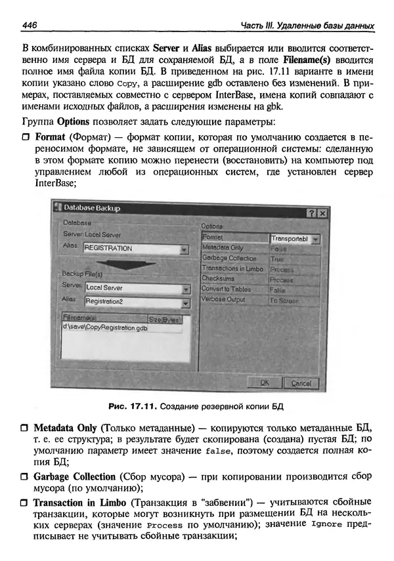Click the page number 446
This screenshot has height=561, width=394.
[29, 25]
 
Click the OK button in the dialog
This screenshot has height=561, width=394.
[265, 383]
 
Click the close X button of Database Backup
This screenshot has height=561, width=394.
[322, 213]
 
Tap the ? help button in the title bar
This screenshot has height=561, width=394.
[311, 213]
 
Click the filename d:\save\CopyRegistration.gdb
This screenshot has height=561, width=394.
[105, 327]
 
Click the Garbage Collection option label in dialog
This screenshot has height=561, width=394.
[229, 259]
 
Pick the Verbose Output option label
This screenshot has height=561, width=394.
[223, 300]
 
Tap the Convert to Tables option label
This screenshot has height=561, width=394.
[226, 289]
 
